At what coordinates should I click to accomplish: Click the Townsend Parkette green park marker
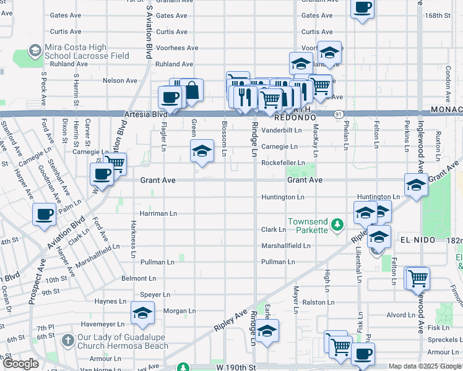pyautogui.click(x=337, y=224)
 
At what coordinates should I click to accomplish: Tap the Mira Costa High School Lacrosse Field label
pyautogui.click(x=86, y=51)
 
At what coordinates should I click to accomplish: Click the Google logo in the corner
pyautogui.click(x=22, y=364)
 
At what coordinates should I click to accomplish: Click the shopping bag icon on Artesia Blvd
pyautogui.click(x=192, y=90)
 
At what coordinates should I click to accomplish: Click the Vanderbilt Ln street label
pyautogui.click(x=281, y=130)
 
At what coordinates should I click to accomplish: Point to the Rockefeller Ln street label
pyautogui.click(x=283, y=163)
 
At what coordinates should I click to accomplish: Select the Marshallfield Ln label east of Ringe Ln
pyautogui.click(x=285, y=245)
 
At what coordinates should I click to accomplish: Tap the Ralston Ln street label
pyautogui.click(x=318, y=302)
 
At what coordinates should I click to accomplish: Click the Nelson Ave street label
pyautogui.click(x=119, y=80)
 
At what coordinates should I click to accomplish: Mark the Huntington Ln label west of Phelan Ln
pyautogui.click(x=283, y=197)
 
